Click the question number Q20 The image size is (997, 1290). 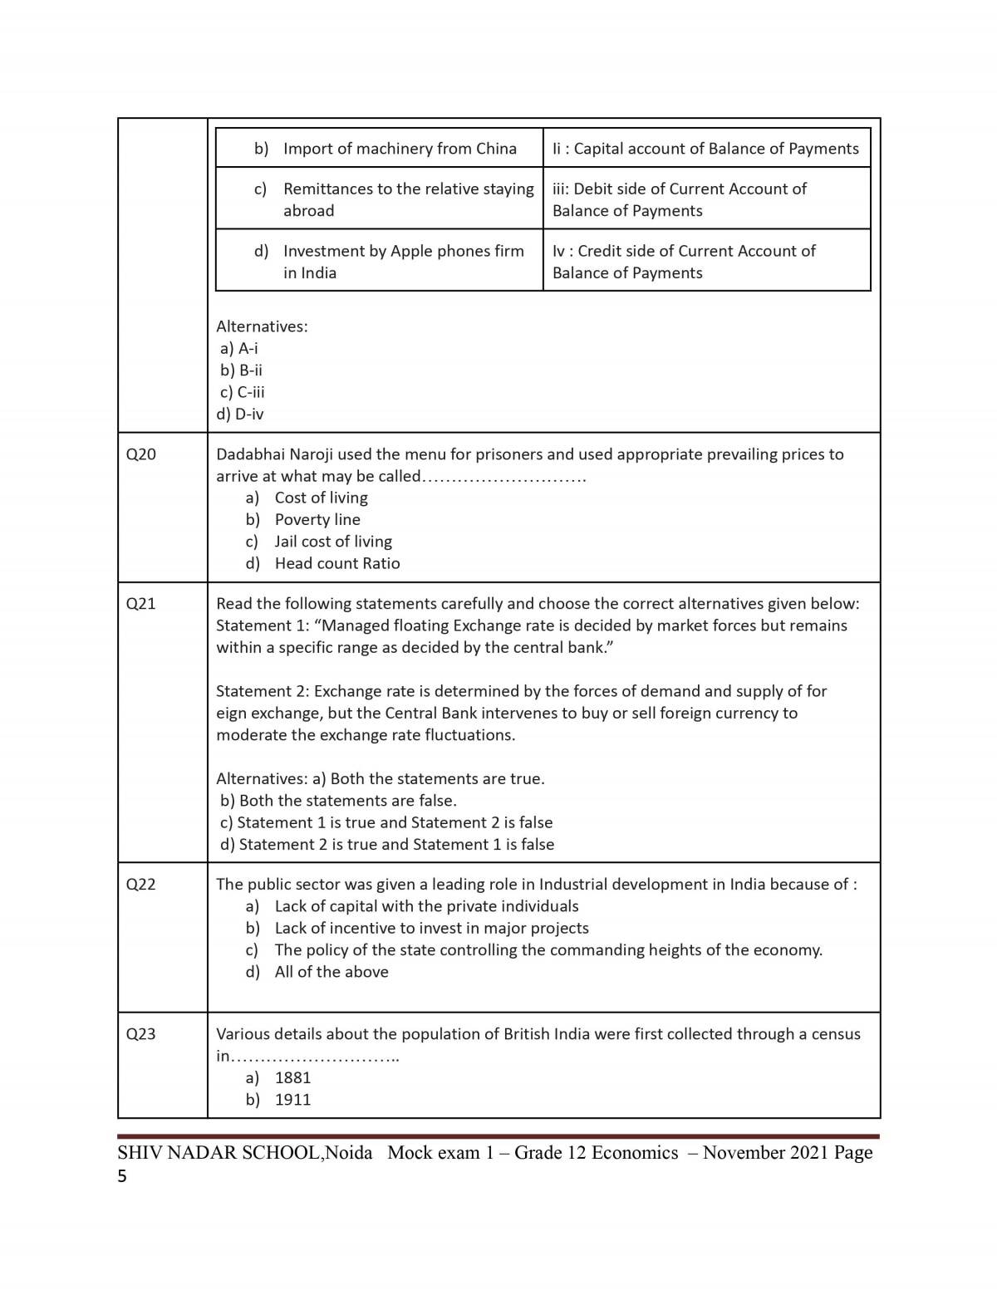(140, 454)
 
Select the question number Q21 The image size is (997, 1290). (140, 604)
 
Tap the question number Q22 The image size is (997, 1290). (140, 885)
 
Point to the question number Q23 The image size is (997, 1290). (140, 1034)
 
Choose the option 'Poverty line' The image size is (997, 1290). (317, 520)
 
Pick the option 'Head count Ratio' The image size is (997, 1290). (337, 563)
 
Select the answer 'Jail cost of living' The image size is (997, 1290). (333, 542)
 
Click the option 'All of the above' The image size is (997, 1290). (332, 972)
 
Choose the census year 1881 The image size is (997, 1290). (292, 1078)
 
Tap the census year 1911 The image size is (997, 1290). (292, 1100)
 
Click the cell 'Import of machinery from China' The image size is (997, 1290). (400, 149)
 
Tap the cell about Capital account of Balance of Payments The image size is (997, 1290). (705, 149)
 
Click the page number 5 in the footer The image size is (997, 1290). (122, 1176)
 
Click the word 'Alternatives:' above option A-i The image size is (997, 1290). (262, 326)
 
